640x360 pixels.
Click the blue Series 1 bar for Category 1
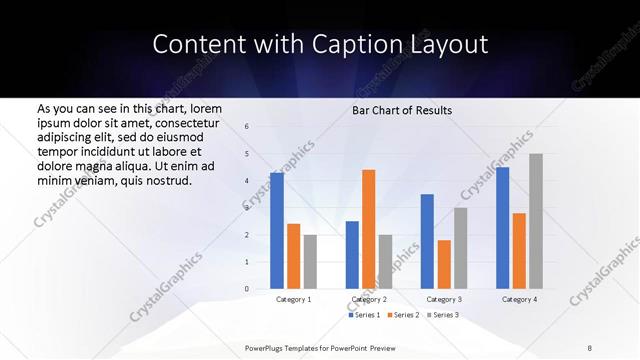click(x=277, y=231)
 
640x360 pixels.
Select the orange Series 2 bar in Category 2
click(x=368, y=229)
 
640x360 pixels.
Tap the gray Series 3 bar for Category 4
click(x=536, y=221)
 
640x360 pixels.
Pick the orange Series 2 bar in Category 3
click(x=444, y=264)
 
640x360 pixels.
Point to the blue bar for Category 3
click(x=427, y=241)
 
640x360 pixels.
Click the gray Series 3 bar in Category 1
click(x=310, y=262)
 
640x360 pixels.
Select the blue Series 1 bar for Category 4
click(x=503, y=228)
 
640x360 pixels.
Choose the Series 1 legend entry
click(x=365, y=315)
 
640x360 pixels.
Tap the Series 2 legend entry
click(x=404, y=315)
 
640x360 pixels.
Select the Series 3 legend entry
click(x=443, y=315)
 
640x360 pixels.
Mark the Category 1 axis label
click(x=293, y=299)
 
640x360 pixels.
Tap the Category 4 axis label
click(x=519, y=299)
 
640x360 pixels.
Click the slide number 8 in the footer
click(x=590, y=348)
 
